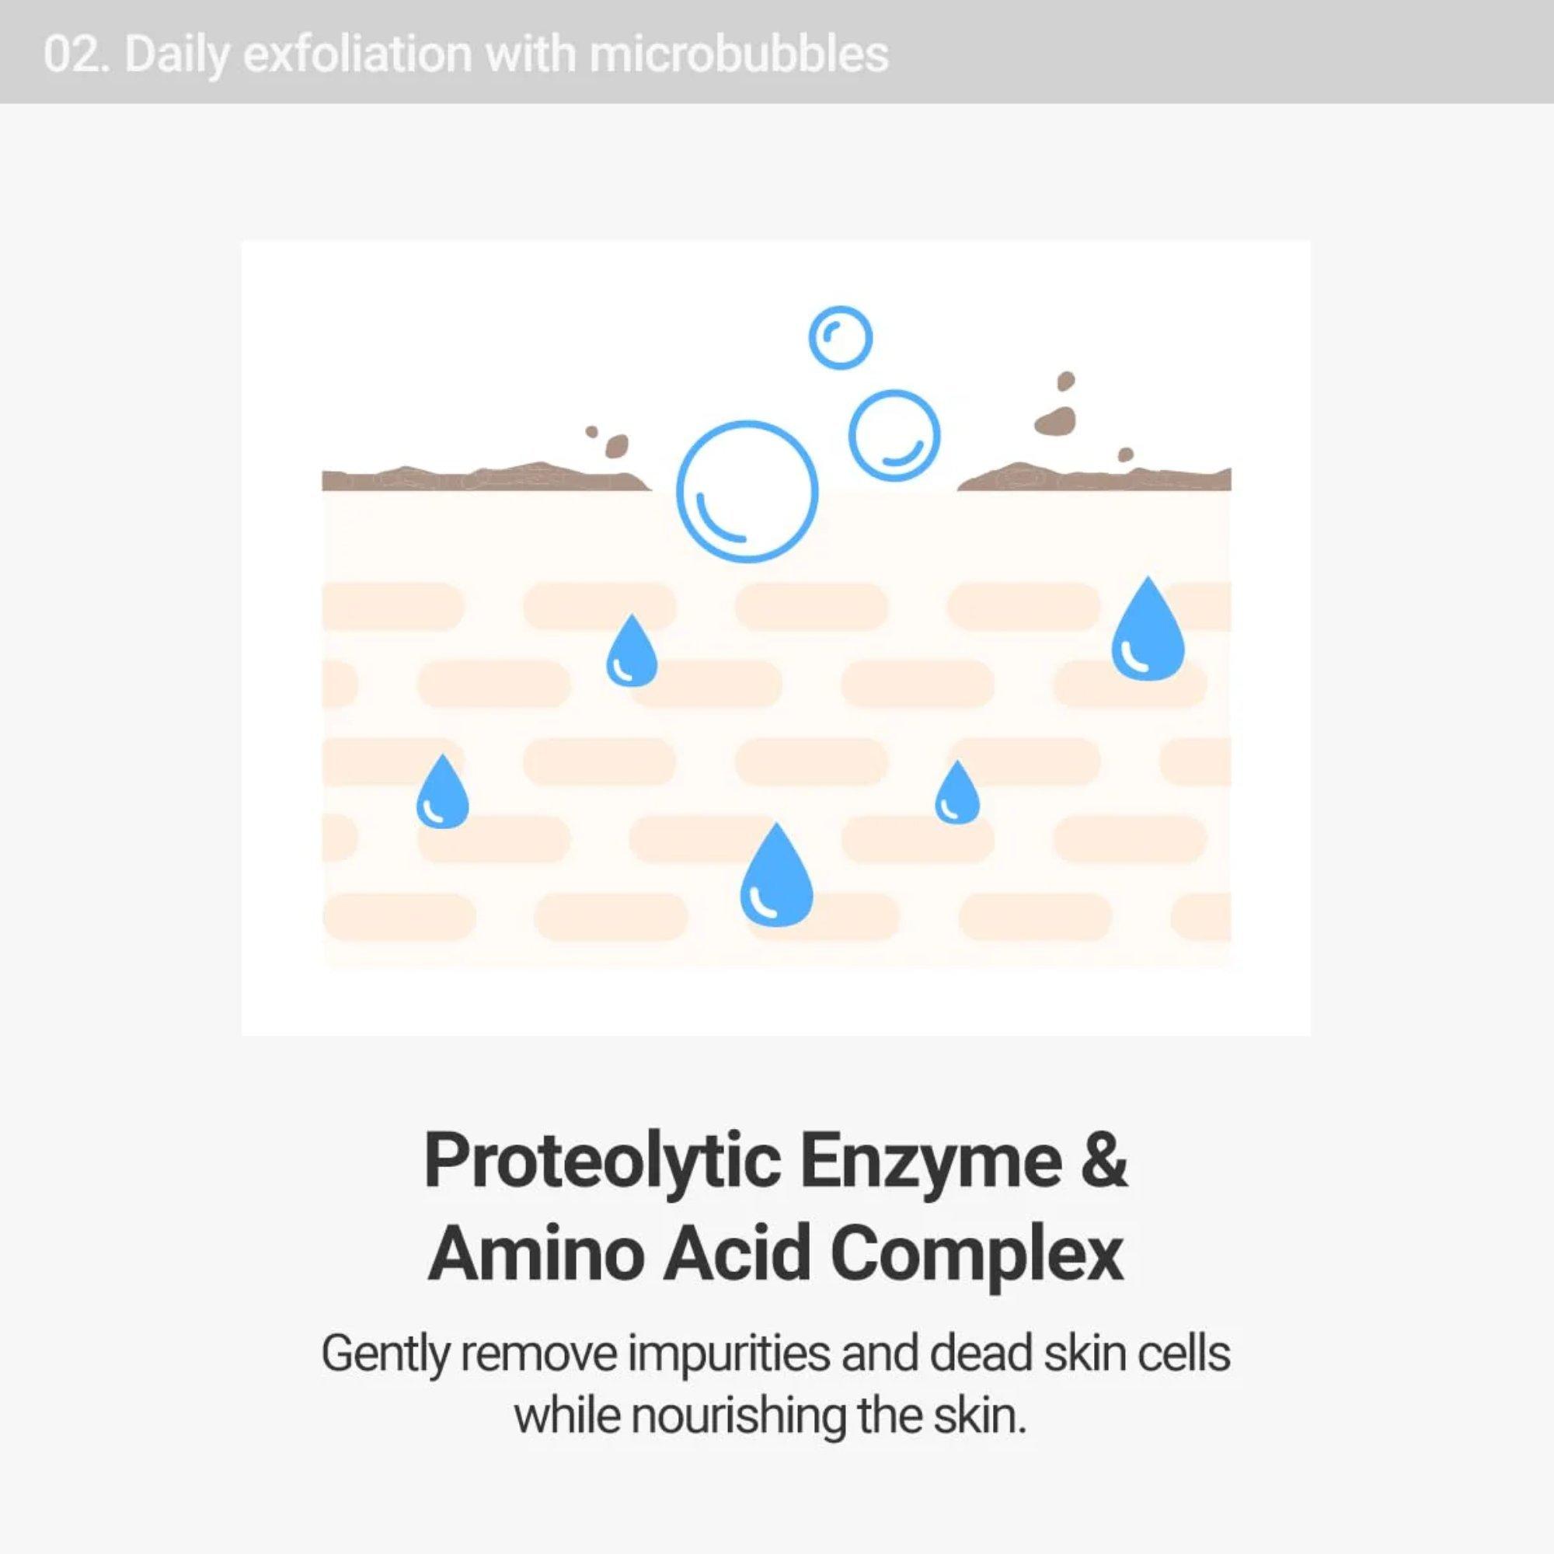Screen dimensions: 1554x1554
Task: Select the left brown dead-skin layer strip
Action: (483, 478)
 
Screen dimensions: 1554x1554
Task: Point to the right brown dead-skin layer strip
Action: (1094, 478)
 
